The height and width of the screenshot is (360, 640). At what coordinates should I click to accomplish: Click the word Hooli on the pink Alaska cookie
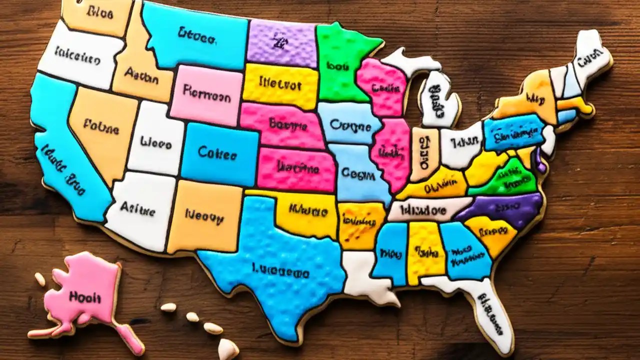(x=85, y=297)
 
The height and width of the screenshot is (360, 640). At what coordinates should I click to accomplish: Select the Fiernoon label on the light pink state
(x=206, y=92)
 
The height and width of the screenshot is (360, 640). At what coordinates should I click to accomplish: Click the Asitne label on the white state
(x=137, y=209)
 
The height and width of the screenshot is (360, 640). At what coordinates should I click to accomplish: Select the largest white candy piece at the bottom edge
(x=228, y=348)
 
